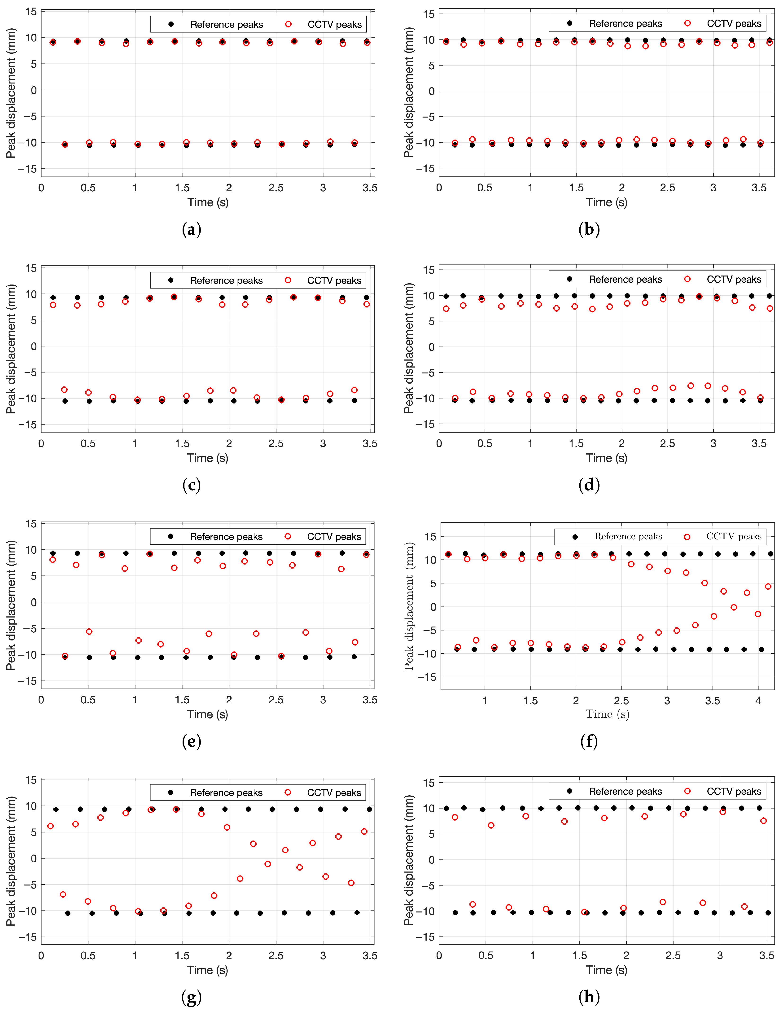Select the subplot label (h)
(x=589, y=998)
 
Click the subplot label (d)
(x=589, y=485)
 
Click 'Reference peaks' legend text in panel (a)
(x=227, y=25)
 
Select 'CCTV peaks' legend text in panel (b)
(x=734, y=24)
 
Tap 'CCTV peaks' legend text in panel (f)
(x=734, y=537)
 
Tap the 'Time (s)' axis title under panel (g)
(x=208, y=970)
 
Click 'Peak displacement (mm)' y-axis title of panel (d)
(x=409, y=348)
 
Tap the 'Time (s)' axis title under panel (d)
(x=607, y=458)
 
